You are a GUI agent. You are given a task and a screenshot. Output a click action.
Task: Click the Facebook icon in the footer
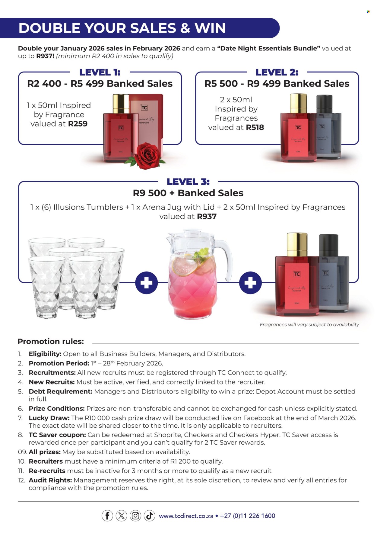pos(107,516)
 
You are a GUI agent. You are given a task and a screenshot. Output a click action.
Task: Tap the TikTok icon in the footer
pos(149,516)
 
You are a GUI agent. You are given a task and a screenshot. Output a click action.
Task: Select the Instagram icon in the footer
pos(135,516)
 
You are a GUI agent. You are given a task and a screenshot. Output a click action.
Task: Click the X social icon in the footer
pos(121,516)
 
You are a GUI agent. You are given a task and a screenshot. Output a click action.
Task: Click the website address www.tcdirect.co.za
pos(186,516)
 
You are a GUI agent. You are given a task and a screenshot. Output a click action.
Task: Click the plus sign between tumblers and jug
pos(146,283)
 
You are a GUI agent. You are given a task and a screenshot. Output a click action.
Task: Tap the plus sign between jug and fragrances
pos(250,283)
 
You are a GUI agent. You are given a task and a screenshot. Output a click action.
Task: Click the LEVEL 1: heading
pos(100,72)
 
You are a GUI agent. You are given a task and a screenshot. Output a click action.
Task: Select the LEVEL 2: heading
pos(277,72)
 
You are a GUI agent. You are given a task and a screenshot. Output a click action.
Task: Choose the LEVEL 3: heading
pos(188,182)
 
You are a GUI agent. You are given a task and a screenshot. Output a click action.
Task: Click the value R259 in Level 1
pos(78,124)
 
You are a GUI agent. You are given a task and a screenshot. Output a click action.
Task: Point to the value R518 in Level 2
pos(255,127)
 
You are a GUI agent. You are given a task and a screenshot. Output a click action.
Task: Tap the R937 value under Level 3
pos(207,217)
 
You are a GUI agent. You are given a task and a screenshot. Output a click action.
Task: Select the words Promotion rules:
pos(51,342)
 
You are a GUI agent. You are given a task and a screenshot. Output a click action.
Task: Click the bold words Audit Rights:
pos(50,480)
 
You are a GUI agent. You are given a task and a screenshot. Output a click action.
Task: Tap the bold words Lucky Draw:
pos(49,418)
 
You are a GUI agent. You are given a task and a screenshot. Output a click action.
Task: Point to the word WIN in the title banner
pos(210,28)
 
